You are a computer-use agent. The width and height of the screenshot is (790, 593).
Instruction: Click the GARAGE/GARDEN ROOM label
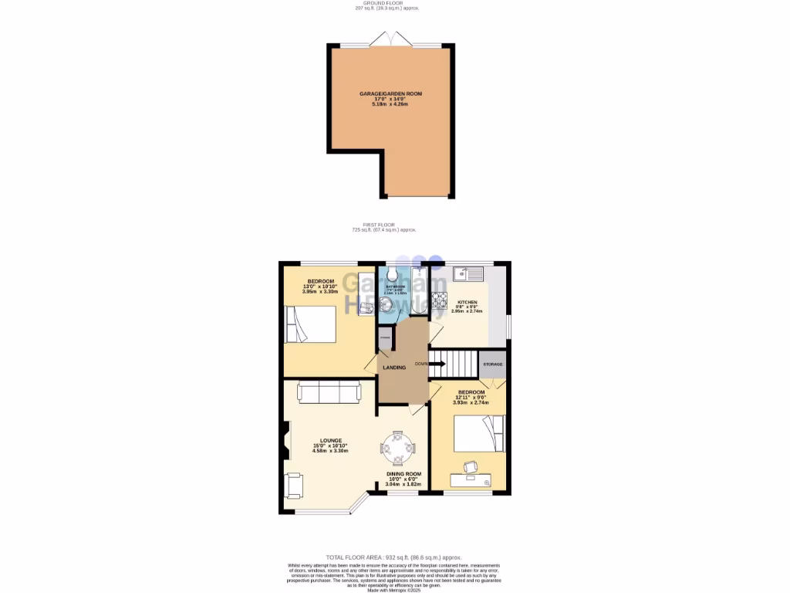390,93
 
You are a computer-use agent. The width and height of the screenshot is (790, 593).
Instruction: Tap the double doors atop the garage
390,39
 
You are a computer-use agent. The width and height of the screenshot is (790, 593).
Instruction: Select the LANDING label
394,368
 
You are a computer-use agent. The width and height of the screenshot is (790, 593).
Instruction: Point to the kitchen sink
468,273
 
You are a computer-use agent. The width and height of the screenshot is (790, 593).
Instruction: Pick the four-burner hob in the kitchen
440,300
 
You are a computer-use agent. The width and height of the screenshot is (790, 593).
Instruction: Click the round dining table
397,448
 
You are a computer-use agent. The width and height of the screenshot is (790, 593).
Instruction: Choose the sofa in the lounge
329,393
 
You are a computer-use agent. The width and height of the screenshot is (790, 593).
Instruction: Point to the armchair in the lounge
295,486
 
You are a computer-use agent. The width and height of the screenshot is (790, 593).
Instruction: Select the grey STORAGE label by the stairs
492,364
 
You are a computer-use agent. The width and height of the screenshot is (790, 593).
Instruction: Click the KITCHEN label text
467,302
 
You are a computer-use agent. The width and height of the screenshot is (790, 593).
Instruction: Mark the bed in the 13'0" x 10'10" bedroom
310,324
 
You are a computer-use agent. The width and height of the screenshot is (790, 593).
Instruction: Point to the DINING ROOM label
403,473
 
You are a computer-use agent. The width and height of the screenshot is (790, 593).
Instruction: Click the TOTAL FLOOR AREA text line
393,557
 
